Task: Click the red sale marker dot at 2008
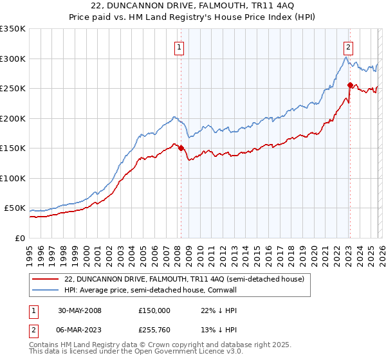pyautogui.click(x=181, y=148)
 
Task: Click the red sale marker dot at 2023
pyautogui.click(x=349, y=85)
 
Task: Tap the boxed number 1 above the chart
pyautogui.click(x=178, y=46)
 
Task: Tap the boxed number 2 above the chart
pyautogui.click(x=347, y=46)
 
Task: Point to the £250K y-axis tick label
pyautogui.click(x=13, y=89)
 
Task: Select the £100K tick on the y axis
pyautogui.click(x=13, y=178)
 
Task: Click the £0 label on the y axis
pyautogui.click(x=19, y=238)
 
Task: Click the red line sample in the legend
pyautogui.click(x=46, y=278)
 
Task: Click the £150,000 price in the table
pyautogui.click(x=155, y=310)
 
